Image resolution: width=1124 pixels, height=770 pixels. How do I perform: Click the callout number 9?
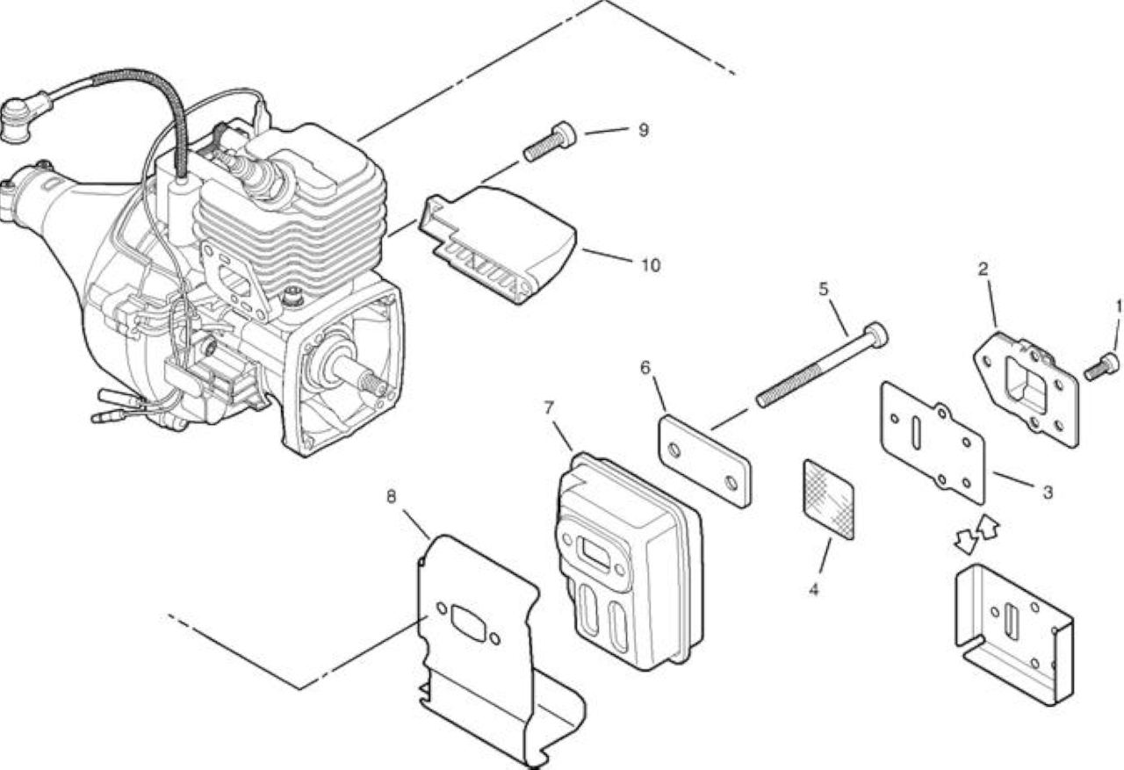click(644, 131)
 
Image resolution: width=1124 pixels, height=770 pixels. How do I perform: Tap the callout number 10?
click(651, 265)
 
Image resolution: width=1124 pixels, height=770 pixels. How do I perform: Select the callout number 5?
click(824, 289)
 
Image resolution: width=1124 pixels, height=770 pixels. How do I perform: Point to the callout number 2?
click(983, 270)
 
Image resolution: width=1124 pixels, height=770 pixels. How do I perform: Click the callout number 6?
click(645, 367)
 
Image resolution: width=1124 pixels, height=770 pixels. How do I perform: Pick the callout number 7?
click(550, 407)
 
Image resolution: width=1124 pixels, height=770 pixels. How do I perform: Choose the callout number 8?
click(391, 497)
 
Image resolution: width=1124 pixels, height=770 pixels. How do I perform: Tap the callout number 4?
click(813, 589)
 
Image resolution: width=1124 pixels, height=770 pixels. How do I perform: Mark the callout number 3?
click(1048, 493)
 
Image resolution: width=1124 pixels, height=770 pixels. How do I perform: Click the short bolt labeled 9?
click(550, 140)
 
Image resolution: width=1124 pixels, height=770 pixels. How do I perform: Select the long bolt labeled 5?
click(821, 364)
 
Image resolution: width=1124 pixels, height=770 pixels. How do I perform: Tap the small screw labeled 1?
click(1101, 366)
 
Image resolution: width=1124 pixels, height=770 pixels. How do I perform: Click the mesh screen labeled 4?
click(828, 499)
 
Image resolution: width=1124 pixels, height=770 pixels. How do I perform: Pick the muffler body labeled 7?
click(630, 561)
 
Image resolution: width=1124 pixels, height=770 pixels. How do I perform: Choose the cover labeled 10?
click(498, 245)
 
